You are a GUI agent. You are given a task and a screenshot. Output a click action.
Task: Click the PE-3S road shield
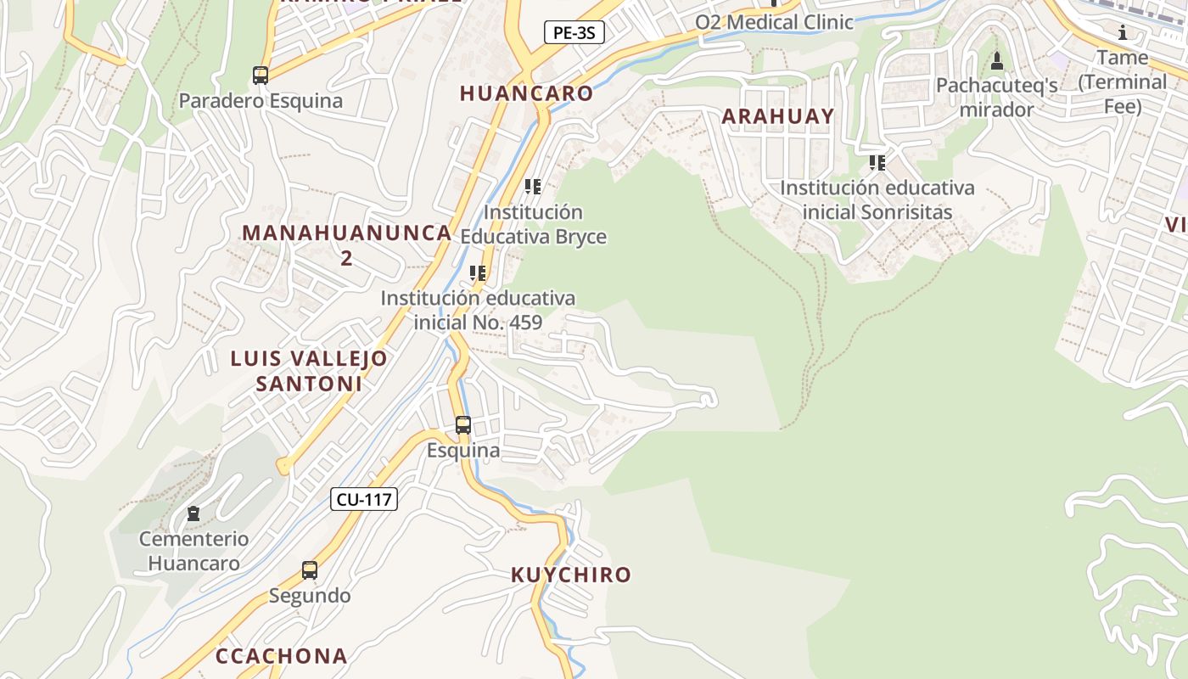coord(574,33)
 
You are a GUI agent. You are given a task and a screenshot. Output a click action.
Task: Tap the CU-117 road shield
coord(364,499)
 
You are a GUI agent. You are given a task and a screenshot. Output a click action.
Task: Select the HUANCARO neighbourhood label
coord(526,93)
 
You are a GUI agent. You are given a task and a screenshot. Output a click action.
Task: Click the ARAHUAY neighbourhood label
coord(778,116)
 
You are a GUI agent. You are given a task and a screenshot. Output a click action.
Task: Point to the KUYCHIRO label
coord(571,575)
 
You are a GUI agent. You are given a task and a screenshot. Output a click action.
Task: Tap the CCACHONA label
coord(281,656)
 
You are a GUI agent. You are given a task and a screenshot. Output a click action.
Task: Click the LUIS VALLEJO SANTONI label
coord(309,371)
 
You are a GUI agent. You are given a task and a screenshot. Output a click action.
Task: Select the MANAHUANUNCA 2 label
coord(346,244)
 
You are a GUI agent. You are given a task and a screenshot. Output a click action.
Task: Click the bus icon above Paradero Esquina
coord(261,76)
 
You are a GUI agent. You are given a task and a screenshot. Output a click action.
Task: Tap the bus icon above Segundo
coord(310,570)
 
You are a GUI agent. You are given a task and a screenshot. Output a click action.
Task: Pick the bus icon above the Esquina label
coord(463,425)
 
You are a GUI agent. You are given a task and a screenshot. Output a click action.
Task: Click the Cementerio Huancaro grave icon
coord(193,513)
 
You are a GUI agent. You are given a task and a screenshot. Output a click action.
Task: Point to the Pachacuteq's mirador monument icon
coord(997,61)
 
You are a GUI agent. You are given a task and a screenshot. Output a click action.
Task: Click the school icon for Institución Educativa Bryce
coord(533,187)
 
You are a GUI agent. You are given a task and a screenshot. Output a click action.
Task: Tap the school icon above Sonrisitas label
coord(877,162)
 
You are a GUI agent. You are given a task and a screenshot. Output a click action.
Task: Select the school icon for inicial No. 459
coord(478,273)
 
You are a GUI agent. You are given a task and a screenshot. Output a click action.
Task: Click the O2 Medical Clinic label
coord(774,22)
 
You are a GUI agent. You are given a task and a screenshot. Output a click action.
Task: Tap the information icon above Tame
coord(1123,33)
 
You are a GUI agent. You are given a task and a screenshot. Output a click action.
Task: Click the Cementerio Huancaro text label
coord(194,551)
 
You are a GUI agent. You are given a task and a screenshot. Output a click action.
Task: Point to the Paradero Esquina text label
coord(261,101)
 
